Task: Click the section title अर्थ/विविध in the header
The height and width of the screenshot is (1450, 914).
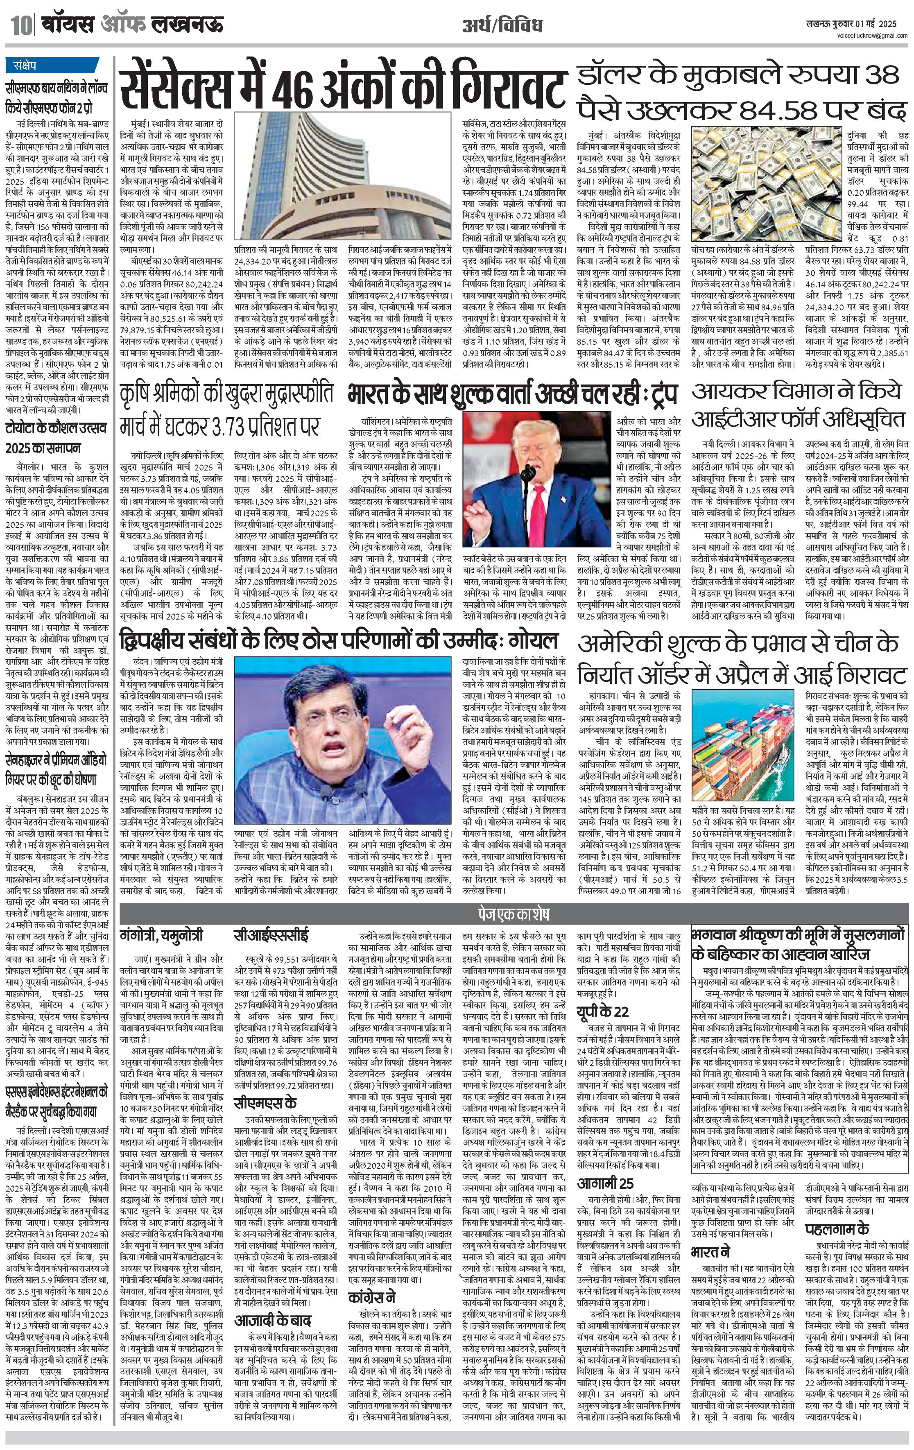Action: [x=502, y=26]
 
